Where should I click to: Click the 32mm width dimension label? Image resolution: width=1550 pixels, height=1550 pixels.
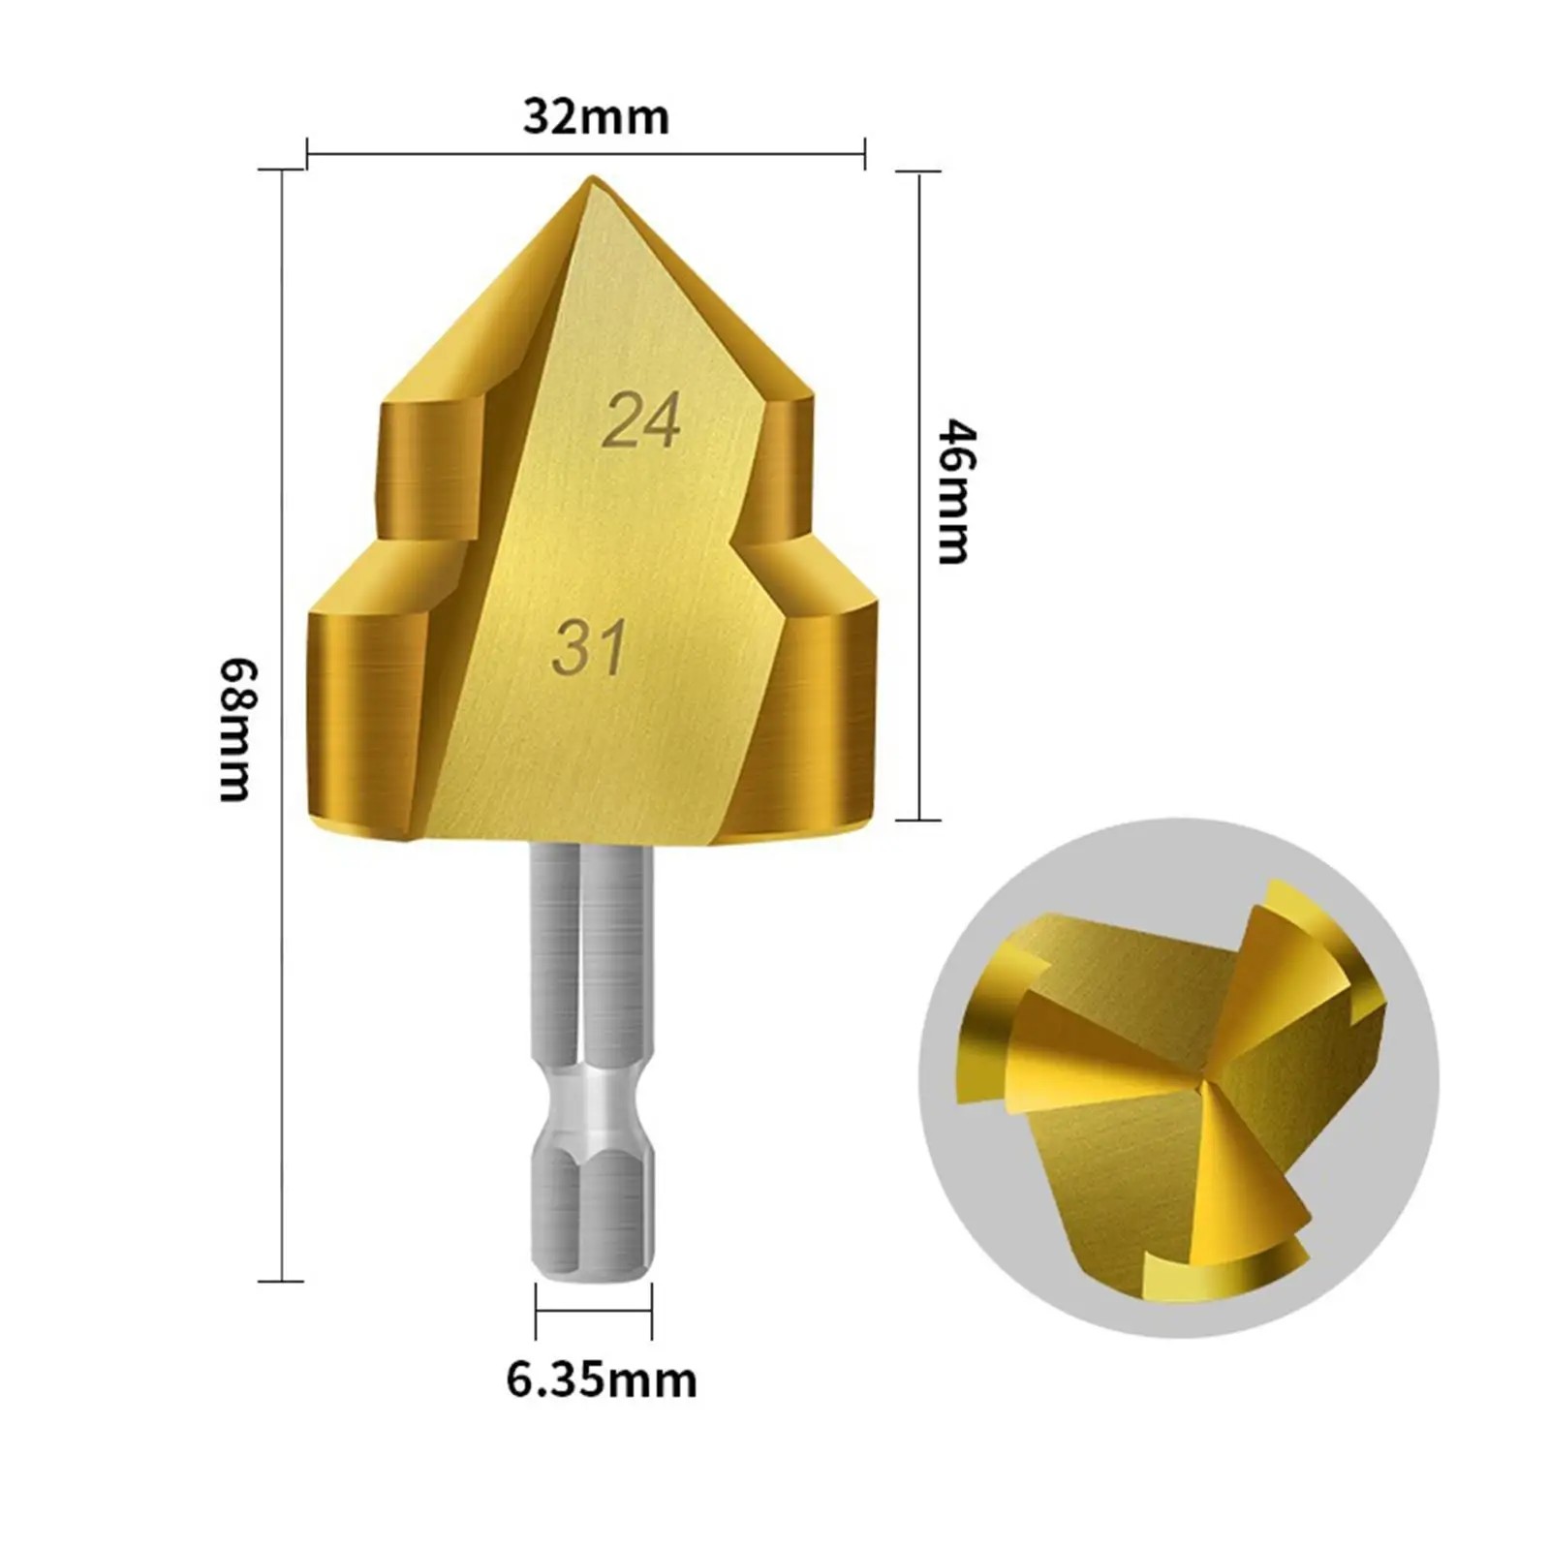(x=596, y=117)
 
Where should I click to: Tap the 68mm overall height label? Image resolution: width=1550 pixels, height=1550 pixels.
(x=235, y=729)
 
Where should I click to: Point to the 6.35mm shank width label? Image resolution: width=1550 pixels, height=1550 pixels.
(x=602, y=1379)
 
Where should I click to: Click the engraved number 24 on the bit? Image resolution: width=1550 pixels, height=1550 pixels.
(x=641, y=420)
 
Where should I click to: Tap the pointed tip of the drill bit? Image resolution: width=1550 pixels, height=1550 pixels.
(x=592, y=177)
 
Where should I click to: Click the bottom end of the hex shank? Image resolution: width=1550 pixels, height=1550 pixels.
(x=592, y=1277)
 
